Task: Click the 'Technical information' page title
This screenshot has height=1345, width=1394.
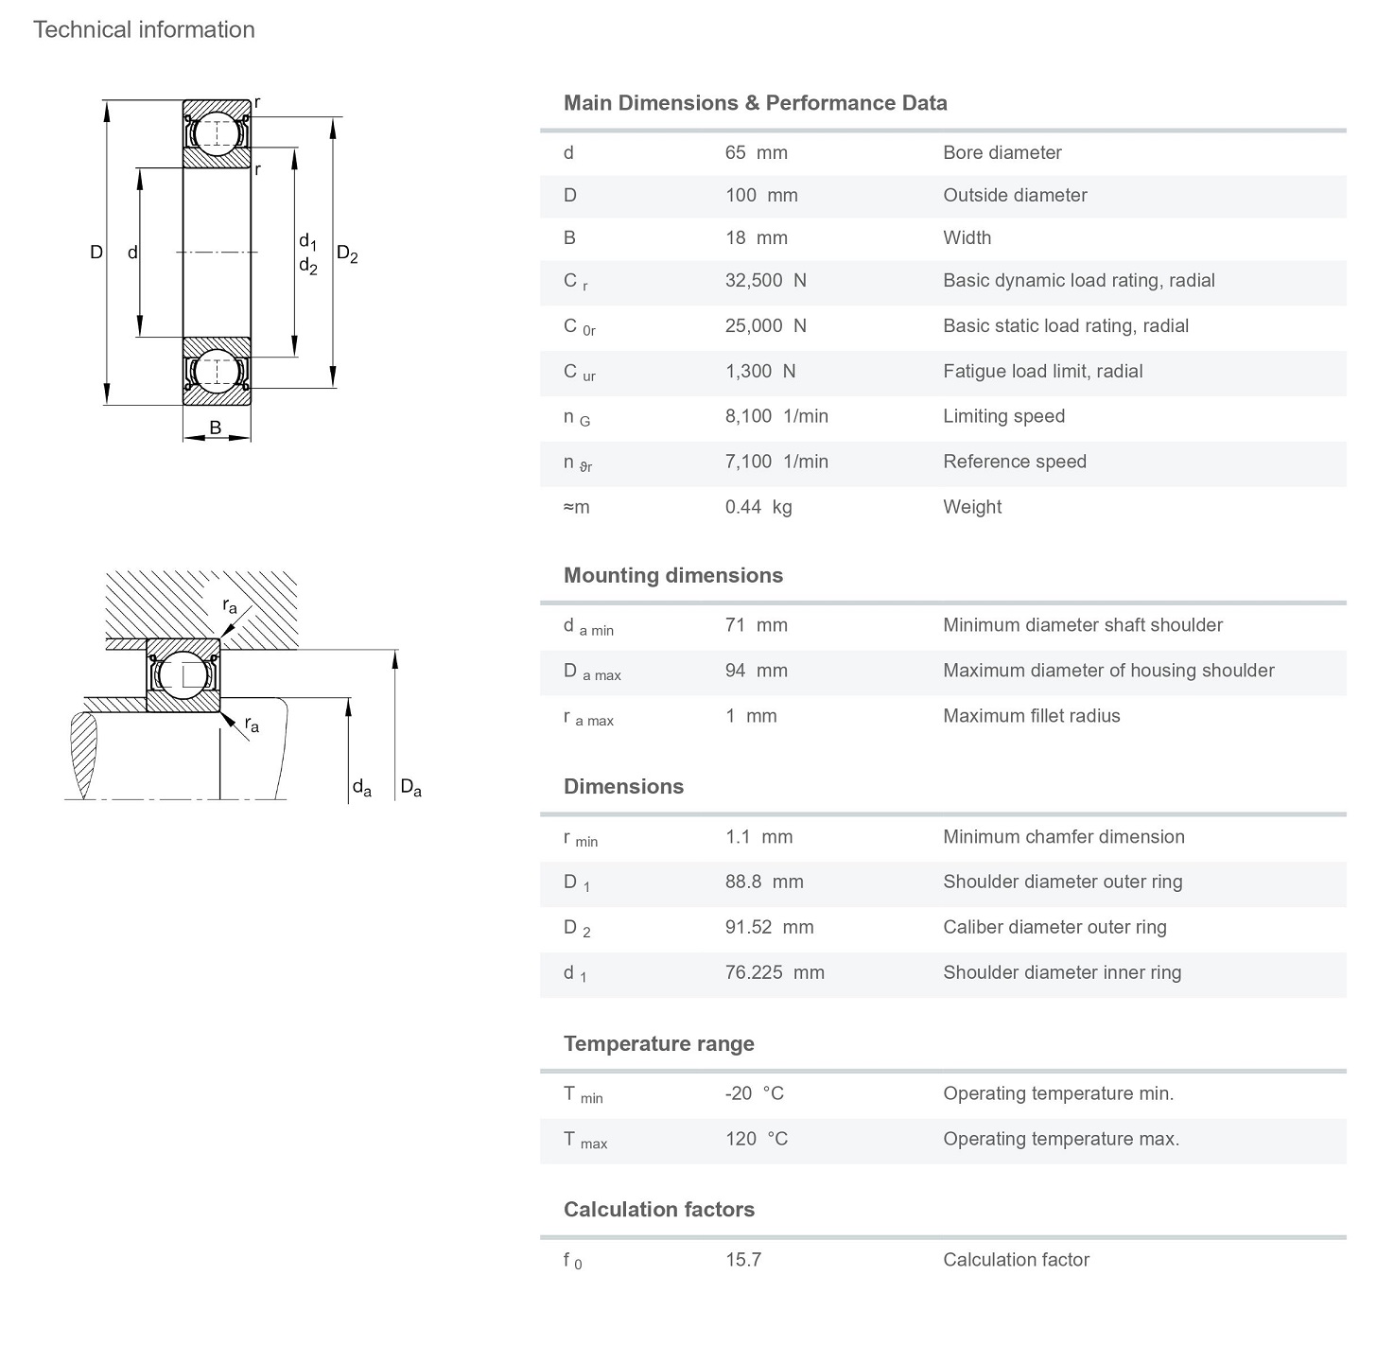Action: point(144,29)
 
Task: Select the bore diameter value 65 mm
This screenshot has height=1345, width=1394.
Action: point(756,152)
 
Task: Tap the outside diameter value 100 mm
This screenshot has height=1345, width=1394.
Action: point(761,195)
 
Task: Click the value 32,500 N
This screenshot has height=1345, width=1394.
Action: point(765,280)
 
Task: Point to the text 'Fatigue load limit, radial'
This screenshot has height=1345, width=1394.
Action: point(1042,371)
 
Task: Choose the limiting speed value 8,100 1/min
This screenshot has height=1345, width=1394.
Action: point(775,416)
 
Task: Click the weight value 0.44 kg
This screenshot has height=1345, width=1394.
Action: point(758,507)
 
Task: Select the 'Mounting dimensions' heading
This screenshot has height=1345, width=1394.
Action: point(672,575)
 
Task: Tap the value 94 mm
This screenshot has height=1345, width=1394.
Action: point(756,671)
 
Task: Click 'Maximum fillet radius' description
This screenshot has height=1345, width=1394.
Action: point(1031,716)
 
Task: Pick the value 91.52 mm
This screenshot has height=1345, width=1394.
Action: point(769,927)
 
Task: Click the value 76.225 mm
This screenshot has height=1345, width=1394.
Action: point(775,972)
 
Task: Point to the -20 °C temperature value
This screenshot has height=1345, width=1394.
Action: point(754,1093)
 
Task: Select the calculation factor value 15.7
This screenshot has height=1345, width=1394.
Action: point(742,1260)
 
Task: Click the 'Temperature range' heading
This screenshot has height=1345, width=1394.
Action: point(658,1043)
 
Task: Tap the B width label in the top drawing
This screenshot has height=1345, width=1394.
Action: point(216,428)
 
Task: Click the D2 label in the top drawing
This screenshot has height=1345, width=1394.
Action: point(347,253)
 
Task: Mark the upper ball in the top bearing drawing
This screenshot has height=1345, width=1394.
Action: point(217,133)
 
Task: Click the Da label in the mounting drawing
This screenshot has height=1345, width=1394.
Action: point(410,787)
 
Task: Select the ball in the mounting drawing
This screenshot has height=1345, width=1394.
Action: point(183,674)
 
